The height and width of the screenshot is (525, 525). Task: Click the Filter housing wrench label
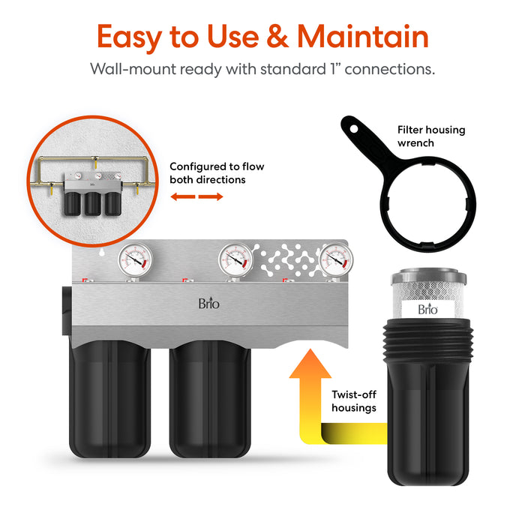[x=430, y=136]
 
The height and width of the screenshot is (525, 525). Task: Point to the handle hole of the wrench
[x=349, y=126]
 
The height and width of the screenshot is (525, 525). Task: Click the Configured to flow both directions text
[x=216, y=173]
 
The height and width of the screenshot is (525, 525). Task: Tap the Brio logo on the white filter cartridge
[x=427, y=309]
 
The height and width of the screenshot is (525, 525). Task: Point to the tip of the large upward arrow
[x=310, y=350]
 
